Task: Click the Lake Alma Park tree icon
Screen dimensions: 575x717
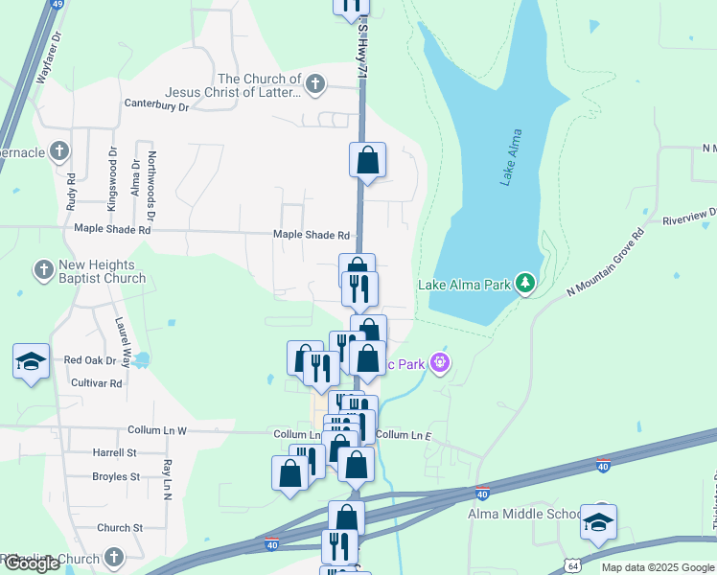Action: (524, 284)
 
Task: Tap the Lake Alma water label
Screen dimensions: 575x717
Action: (512, 157)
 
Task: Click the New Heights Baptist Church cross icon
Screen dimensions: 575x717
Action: (43, 270)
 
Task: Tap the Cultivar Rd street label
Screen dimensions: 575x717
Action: (97, 382)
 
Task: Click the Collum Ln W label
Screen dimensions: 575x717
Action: (153, 431)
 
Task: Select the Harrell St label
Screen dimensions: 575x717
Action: (114, 452)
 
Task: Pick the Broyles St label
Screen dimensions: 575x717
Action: (116, 476)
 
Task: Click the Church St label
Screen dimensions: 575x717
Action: (120, 528)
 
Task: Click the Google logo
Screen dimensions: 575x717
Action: (32, 563)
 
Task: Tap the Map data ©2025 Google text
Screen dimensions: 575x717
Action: (657, 567)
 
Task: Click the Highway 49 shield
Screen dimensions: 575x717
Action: (58, 4)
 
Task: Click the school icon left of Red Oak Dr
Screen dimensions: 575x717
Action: (31, 361)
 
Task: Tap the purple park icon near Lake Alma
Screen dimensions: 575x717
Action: (440, 362)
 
